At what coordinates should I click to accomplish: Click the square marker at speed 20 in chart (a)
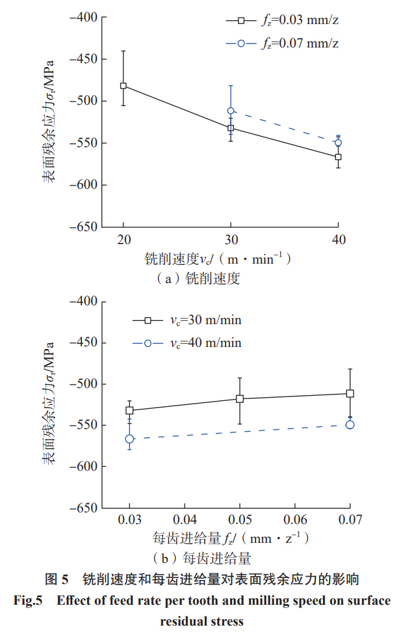coord(123,86)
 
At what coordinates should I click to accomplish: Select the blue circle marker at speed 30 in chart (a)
coord(231,111)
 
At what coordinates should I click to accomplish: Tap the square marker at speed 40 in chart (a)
coord(338,157)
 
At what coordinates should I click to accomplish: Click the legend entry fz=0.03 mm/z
coord(282,21)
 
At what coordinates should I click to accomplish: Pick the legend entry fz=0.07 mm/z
coord(282,44)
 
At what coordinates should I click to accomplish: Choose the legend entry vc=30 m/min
coord(187,320)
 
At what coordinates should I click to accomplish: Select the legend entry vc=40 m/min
coord(187,343)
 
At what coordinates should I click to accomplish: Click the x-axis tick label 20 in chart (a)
coord(123,239)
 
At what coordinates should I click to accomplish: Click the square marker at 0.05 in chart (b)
coord(240,398)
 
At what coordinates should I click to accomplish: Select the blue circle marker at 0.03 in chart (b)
coord(130,439)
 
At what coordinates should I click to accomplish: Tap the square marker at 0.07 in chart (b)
coord(350,393)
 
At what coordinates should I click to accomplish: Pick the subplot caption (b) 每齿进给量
coord(201,559)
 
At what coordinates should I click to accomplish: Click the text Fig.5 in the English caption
coord(29,600)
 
